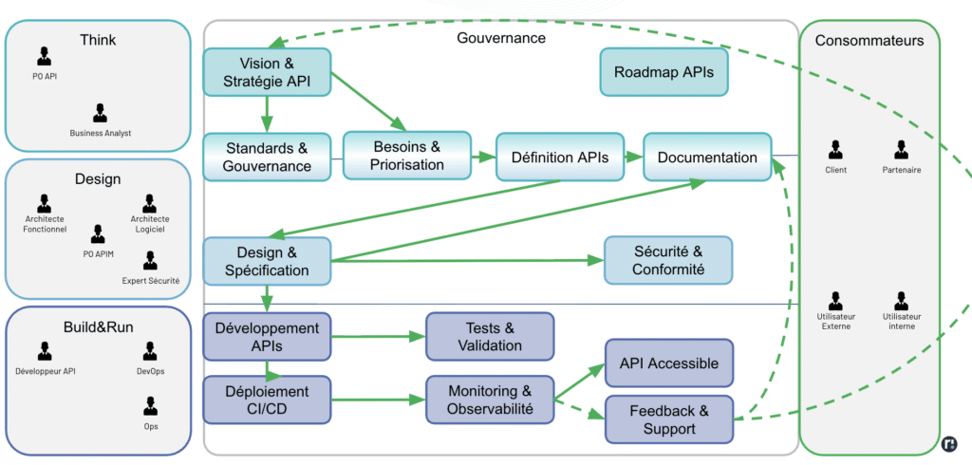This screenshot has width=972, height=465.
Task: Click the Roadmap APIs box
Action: click(664, 72)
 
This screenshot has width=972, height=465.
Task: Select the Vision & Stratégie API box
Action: click(267, 72)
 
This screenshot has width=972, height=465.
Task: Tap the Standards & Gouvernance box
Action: click(267, 157)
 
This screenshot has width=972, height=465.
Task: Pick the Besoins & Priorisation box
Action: click(407, 156)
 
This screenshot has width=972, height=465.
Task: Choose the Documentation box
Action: click(707, 158)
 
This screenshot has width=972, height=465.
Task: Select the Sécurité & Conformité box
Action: click(668, 260)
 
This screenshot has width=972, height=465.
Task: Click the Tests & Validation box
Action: click(490, 336)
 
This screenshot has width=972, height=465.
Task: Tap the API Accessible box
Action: click(669, 363)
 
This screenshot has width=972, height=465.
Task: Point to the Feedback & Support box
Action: click(669, 419)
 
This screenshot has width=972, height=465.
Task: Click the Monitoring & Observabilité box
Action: click(490, 400)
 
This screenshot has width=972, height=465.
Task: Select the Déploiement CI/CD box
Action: click(267, 400)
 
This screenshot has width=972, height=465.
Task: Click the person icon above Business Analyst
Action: click(100, 113)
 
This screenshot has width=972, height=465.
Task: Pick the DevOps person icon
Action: click(150, 351)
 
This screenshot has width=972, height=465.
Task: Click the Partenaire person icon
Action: click(901, 150)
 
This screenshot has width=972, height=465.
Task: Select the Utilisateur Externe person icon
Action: click(835, 301)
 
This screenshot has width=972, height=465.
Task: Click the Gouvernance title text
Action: click(501, 38)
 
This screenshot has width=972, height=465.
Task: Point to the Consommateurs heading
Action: click(869, 41)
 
